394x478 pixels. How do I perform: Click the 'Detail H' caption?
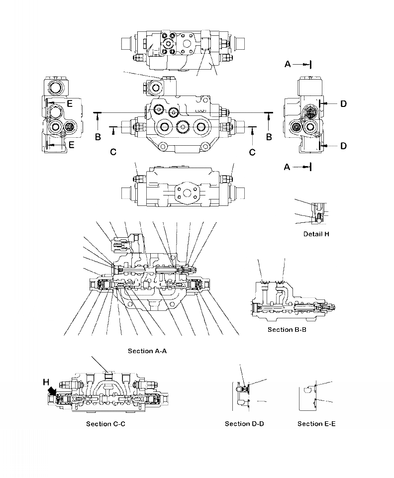(x=316, y=234)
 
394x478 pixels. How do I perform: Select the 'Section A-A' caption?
(x=147, y=351)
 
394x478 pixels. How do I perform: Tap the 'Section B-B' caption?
(x=287, y=330)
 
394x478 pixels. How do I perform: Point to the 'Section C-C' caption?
(x=105, y=424)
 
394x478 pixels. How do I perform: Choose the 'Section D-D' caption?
(x=244, y=424)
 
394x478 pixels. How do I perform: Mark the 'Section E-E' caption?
(x=316, y=424)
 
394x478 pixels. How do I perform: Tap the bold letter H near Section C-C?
(x=46, y=382)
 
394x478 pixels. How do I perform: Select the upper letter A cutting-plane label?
(x=288, y=64)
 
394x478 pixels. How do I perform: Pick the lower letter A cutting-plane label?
(x=288, y=168)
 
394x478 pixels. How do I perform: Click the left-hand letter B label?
(x=98, y=136)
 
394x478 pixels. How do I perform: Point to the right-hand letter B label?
(x=269, y=136)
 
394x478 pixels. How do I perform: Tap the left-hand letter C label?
(x=113, y=152)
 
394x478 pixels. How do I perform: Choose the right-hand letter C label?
(x=252, y=152)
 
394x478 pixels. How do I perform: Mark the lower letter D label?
(x=343, y=146)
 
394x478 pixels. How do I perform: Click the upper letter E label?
(x=70, y=103)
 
